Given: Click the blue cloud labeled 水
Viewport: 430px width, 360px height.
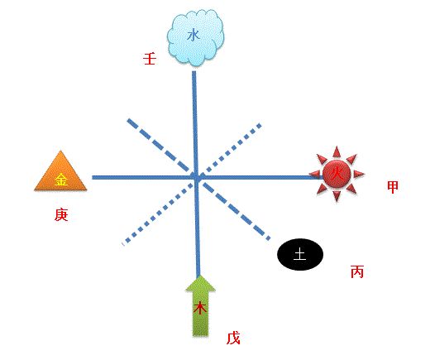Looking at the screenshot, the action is pos(195,37).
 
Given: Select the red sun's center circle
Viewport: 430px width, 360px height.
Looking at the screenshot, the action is pos(337,174).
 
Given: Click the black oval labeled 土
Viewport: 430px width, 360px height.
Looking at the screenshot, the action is pos(300,254).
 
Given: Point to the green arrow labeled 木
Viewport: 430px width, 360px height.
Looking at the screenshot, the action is pos(200,305).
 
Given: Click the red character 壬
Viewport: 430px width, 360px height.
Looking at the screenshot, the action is pos(150,59).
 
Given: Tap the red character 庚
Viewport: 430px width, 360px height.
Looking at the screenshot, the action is pos(61,214).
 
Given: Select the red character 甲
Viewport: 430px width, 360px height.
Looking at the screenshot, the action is pos(393,187).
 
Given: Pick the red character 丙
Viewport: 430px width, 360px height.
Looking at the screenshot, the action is pos(357,271).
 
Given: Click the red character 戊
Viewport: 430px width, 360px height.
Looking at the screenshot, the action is pos(233,338).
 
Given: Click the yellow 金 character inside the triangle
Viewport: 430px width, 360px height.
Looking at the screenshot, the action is pos(61,180).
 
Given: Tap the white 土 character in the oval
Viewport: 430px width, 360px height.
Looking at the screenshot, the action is pos(300,254).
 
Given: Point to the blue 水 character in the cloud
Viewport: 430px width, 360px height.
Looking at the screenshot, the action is pos(193,36).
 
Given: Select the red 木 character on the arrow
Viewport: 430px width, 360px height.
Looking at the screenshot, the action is pos(200,308).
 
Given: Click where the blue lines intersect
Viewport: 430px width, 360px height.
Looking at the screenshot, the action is pos(196,177).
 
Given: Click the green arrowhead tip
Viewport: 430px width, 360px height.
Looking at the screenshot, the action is pos(200,275).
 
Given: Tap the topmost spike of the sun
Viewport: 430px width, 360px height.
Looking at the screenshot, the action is pos(337,146).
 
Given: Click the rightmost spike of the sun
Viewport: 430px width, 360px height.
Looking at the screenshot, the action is pos(365,174).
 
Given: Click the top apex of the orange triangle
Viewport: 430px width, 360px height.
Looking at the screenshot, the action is pos(60,151).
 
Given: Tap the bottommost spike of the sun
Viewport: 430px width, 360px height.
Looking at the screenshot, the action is pos(337,202).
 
